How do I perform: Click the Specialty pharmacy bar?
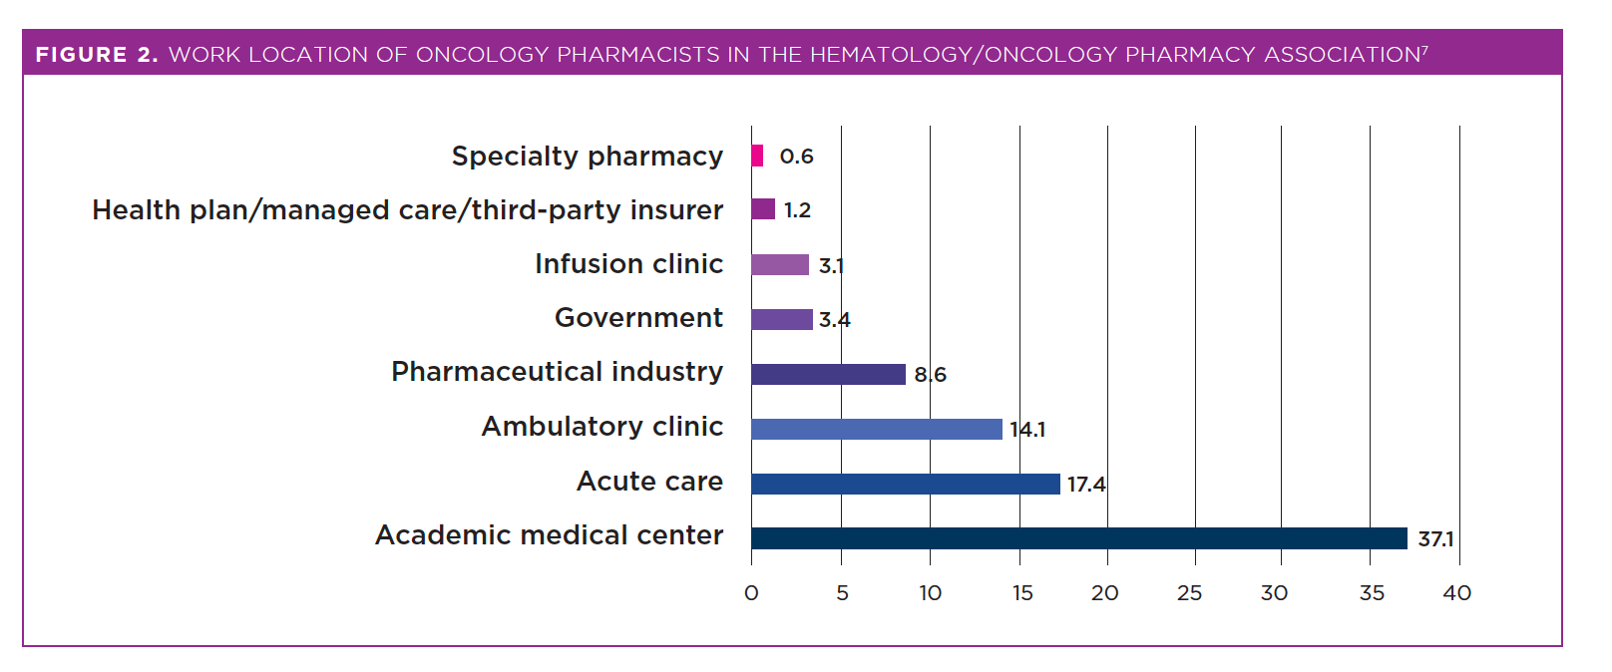coord(757,156)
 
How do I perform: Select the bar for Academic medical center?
coord(1078,538)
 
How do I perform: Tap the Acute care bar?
coord(905,484)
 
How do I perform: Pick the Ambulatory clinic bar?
coord(876,429)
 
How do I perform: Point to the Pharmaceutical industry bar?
coord(828,374)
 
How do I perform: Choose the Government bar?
coord(781,319)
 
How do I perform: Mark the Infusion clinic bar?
coord(779,264)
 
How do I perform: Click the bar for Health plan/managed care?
coord(763,208)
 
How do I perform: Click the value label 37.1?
coord(1435,539)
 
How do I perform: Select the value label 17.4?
coord(1086,485)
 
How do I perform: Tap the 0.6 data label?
coord(796,157)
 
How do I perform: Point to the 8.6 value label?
coord(930,375)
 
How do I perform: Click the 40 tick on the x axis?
coord(1456,593)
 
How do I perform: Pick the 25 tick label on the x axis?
coord(1189,593)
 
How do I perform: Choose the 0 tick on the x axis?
coord(751,593)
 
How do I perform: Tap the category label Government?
coord(638,318)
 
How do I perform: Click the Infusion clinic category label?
coord(628,264)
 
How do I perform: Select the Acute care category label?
coord(649,482)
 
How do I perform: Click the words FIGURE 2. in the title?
coord(97,55)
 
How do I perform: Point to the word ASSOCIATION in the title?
coord(1342,55)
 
